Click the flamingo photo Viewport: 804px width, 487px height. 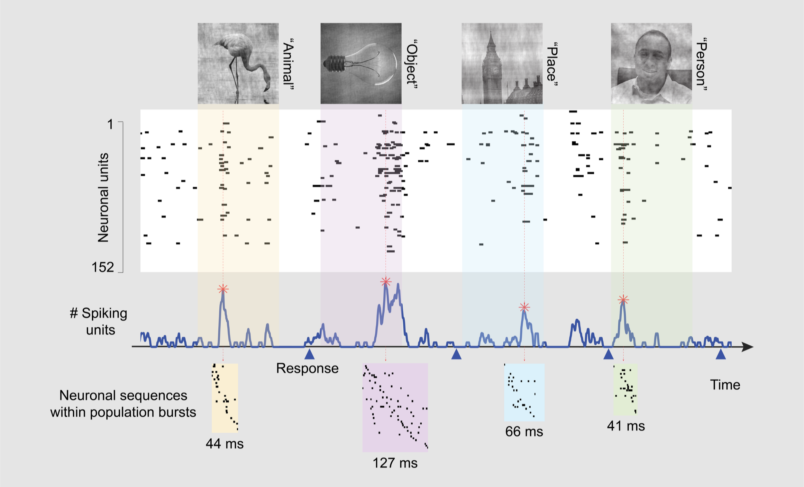tap(238, 63)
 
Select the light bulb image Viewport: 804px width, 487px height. tap(361, 63)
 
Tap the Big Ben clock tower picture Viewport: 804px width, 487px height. tap(502, 63)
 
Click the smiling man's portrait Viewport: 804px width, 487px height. tap(652, 63)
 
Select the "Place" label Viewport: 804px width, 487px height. tap(552, 64)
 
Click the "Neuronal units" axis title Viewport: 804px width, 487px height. tap(103, 198)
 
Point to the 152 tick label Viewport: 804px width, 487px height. tap(103, 267)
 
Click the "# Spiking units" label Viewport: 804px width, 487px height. tap(98, 322)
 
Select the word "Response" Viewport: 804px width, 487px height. tap(307, 368)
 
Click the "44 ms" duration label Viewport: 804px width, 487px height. tap(225, 444)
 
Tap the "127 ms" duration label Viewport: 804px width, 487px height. tap(395, 463)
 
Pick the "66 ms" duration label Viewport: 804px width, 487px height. tap(524, 431)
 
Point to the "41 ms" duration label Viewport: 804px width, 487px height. tap(626, 426)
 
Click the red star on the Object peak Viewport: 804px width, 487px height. tap(386, 281)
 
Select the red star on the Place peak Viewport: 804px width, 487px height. tap(524, 307)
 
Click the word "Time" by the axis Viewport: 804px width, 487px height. tap(725, 385)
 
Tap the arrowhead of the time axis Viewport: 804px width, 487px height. tap(748, 347)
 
